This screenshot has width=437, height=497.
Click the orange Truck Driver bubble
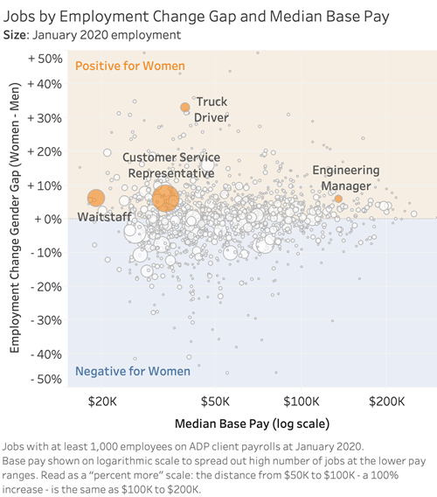coord(185,107)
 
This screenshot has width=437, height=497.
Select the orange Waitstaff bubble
coord(96,199)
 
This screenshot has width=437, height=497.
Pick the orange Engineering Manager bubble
coord(338,199)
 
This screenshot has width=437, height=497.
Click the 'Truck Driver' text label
coord(211,109)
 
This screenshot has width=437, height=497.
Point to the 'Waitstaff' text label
coord(105,216)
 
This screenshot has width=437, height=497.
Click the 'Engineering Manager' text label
coord(345,178)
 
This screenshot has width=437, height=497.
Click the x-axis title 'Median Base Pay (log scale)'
coord(253,423)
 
